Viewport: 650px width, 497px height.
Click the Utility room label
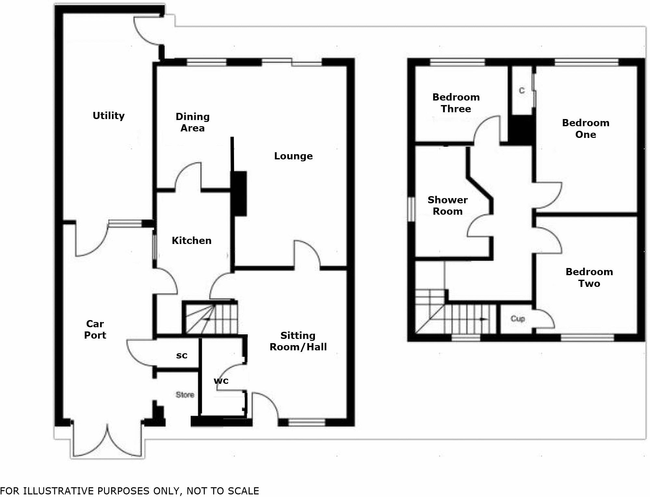point(109,116)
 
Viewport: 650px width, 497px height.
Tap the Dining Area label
point(192,122)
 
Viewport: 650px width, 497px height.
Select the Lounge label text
point(293,156)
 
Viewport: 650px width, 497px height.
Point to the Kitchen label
point(191,241)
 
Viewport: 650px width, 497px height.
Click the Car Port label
point(95,329)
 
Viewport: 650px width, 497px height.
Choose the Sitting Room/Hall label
point(298,341)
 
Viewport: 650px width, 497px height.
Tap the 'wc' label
point(221,381)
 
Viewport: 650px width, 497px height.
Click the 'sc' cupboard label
point(182,356)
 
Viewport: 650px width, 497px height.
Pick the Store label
point(185,395)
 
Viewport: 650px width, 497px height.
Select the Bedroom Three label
point(456,103)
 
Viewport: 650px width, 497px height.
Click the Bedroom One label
point(586,128)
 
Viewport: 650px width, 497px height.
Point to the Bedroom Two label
point(589,277)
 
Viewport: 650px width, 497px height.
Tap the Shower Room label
point(448,206)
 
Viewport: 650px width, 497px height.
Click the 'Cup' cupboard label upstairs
point(518,318)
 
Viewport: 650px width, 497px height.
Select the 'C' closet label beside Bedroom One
point(522,90)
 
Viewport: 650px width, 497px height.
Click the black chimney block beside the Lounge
point(239,194)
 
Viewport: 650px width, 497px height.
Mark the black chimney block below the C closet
point(521,129)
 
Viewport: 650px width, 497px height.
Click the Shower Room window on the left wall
point(411,209)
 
